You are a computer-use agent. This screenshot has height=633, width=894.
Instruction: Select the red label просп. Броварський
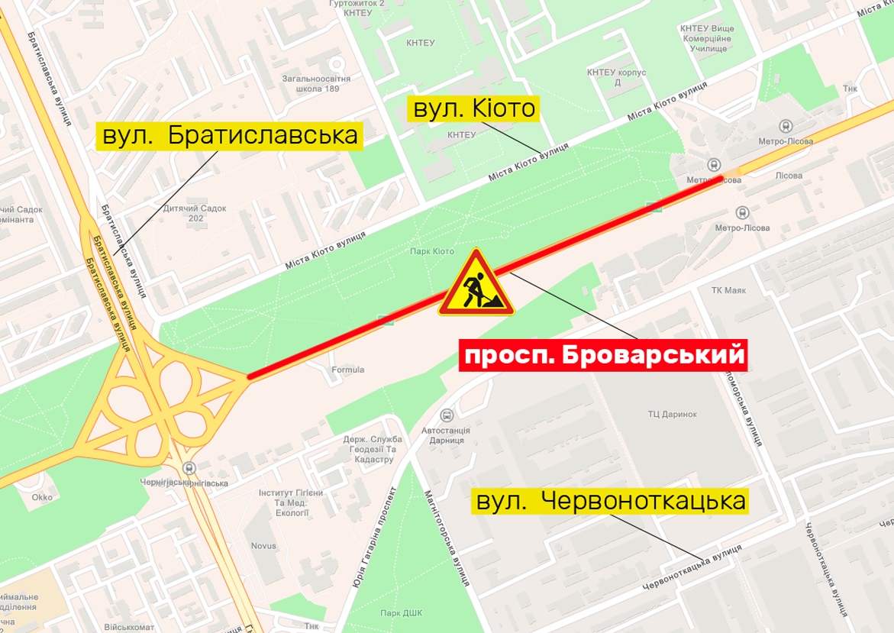click(602, 356)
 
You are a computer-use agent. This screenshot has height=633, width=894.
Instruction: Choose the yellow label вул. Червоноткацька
click(610, 501)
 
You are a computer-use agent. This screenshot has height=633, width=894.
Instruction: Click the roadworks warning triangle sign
click(476, 284)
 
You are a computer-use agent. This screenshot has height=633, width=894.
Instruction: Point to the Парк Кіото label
click(431, 251)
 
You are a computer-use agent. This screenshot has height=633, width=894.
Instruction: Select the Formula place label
click(348, 370)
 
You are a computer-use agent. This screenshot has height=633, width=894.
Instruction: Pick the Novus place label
click(263, 546)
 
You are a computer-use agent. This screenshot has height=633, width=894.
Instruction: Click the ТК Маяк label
click(728, 290)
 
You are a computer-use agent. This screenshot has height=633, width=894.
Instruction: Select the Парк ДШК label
click(402, 612)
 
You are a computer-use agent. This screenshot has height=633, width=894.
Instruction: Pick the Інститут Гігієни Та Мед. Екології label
click(283, 502)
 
